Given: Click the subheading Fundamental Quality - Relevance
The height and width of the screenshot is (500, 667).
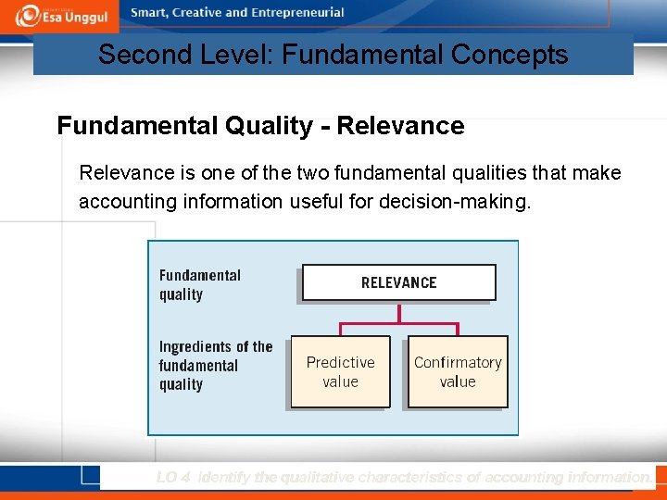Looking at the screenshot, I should pyautogui.click(x=260, y=126).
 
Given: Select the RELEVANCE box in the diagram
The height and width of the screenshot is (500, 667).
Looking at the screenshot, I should pyautogui.click(x=398, y=282).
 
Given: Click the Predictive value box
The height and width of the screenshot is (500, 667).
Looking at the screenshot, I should pyautogui.click(x=340, y=371).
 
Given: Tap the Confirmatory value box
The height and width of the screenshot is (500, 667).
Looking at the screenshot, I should pyautogui.click(x=458, y=371).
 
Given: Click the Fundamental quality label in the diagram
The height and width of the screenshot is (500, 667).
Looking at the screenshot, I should pyautogui.click(x=199, y=285).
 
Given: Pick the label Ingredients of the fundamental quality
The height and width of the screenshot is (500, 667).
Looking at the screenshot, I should pyautogui.click(x=215, y=366).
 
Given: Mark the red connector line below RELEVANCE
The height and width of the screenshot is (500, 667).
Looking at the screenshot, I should pyautogui.click(x=399, y=324).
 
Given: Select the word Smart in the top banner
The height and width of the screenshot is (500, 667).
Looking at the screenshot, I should pyautogui.click(x=150, y=13).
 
